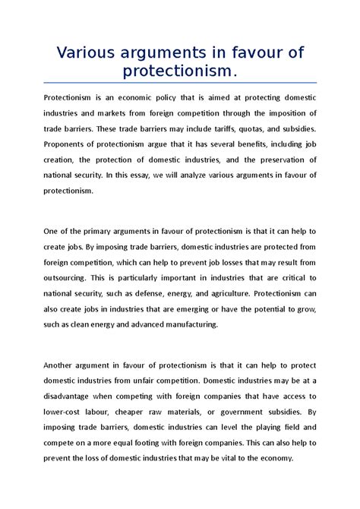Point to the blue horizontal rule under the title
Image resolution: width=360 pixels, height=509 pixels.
click(x=179, y=83)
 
